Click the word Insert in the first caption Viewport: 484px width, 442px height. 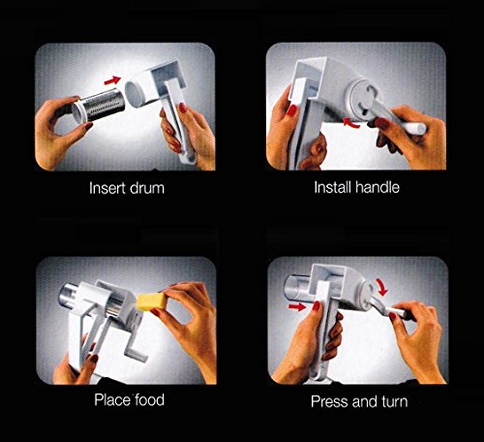(106, 188)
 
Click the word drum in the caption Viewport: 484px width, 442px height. (147, 188)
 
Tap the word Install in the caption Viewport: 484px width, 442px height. (332, 187)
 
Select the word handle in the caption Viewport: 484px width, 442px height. (378, 187)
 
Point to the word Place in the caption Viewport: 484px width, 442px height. (112, 400)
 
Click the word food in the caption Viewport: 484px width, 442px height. (150, 400)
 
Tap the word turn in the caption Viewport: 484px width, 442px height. (395, 401)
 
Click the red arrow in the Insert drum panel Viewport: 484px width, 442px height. (112, 80)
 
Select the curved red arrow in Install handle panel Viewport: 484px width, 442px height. (351, 124)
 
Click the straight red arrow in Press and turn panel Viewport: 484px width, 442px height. (297, 306)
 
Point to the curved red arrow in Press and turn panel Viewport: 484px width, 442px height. (380, 287)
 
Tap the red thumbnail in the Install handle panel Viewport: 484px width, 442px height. (292, 110)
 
